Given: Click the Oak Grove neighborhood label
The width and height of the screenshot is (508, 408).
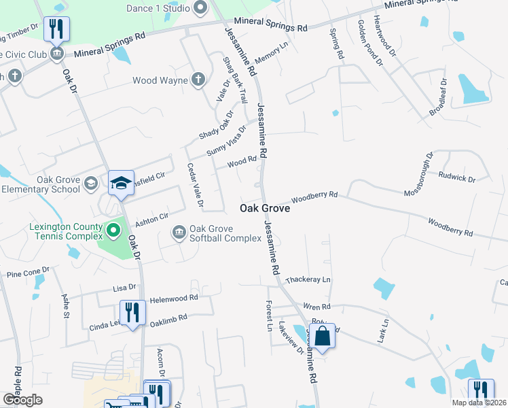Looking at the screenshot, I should (x=265, y=209).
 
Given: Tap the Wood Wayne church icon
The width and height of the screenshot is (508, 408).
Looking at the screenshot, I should (x=198, y=80).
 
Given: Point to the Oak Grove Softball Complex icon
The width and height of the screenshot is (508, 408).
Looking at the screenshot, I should (x=179, y=233).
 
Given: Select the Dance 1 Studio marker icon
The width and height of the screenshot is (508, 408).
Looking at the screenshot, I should (x=200, y=9).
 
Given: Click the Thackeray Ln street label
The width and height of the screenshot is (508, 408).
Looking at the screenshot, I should (x=308, y=279).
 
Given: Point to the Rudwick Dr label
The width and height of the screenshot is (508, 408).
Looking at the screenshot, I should (x=457, y=178).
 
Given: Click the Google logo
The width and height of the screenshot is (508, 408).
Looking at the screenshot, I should (x=22, y=400).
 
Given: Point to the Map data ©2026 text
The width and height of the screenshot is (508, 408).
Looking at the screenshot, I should (x=479, y=403).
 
